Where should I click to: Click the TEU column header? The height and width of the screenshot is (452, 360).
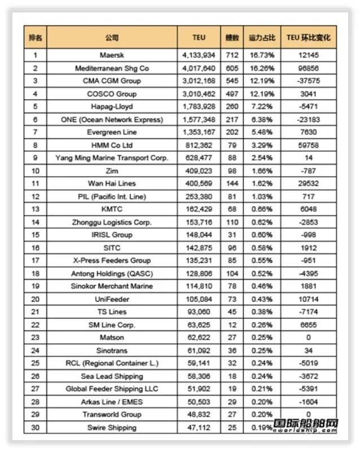[199, 38]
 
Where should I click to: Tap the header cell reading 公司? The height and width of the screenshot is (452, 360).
[112, 38]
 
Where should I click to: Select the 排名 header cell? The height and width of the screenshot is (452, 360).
[36, 38]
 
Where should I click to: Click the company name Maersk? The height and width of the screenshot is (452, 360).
[112, 55]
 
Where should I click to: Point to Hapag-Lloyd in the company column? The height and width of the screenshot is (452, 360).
[112, 107]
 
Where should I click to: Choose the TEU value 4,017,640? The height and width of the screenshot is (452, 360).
[199, 68]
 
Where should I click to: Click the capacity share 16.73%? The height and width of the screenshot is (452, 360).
[262, 55]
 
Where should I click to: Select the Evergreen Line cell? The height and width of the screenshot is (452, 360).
[112, 132]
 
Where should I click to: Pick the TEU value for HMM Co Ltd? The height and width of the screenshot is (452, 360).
[199, 145]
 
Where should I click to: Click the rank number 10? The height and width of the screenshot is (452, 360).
[36, 170]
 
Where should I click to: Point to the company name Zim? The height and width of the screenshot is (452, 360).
[112, 170]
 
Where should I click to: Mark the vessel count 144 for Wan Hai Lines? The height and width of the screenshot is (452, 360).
[231, 183]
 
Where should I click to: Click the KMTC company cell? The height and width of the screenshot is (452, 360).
[112, 209]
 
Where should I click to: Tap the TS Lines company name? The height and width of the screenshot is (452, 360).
[112, 311]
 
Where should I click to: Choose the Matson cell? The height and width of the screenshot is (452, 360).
[112, 337]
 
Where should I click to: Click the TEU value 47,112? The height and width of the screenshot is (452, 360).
[199, 427]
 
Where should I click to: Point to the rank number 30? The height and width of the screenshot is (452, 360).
[36, 427]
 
